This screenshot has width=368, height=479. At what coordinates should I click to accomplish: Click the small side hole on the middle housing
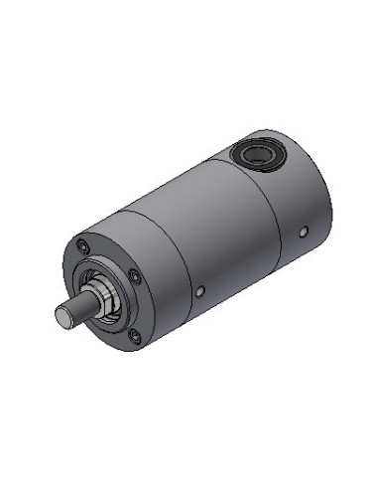click(x=201, y=290)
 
